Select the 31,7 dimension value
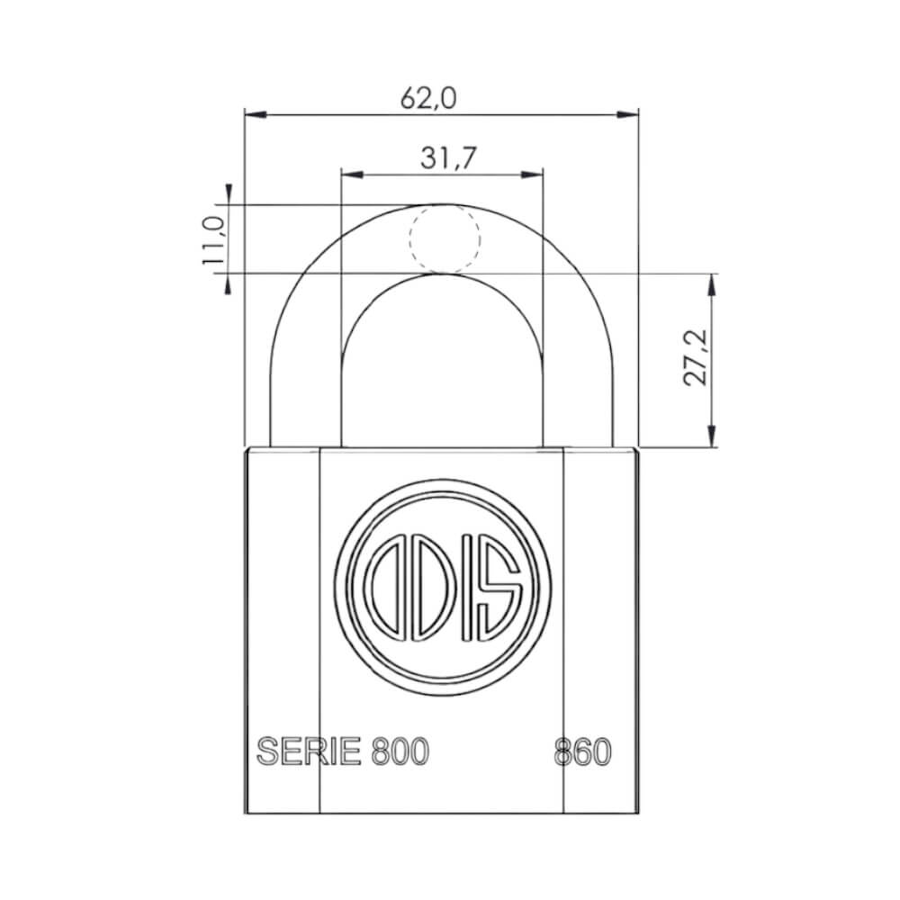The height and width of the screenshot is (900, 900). tap(447, 157)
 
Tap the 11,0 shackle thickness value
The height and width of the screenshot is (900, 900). tap(213, 239)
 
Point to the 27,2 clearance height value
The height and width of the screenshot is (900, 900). tap(694, 357)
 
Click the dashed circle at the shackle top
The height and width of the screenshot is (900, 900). tap(445, 238)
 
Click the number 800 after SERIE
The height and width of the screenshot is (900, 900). tap(400, 751)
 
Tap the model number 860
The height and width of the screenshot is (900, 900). tap(582, 751)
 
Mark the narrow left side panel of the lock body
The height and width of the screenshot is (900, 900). tap(283, 630)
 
